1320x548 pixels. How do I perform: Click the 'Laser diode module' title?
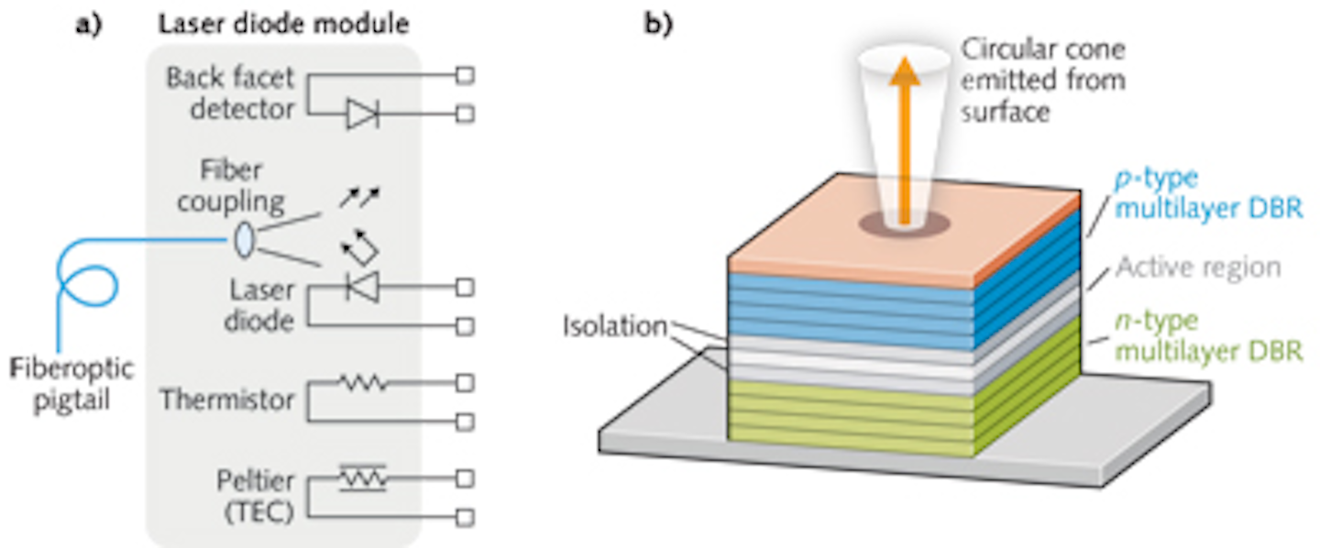(x=281, y=20)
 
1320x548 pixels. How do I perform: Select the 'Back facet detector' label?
(x=230, y=93)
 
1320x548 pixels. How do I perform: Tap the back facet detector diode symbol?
(x=361, y=115)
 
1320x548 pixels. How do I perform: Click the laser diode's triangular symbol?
(x=358, y=288)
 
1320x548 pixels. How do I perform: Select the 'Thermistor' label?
(x=226, y=400)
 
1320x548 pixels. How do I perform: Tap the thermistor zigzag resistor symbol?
(x=361, y=384)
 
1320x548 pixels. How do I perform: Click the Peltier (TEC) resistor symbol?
(x=361, y=477)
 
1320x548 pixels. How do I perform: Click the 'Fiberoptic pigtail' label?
(x=73, y=385)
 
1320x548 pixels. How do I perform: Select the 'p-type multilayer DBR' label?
(x=1208, y=194)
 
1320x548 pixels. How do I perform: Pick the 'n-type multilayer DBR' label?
(x=1208, y=335)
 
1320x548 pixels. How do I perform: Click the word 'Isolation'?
(x=615, y=325)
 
